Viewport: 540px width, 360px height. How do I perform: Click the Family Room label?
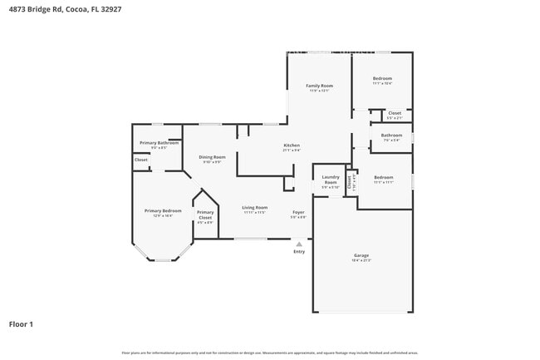click(319, 86)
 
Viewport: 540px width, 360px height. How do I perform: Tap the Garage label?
click(361, 255)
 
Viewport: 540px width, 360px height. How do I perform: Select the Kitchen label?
click(291, 145)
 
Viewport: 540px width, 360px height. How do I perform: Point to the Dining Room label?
click(212, 157)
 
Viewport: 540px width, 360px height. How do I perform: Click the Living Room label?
click(254, 207)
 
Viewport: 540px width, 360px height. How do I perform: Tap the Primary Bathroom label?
click(159, 143)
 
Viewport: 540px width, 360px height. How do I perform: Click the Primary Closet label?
click(205, 215)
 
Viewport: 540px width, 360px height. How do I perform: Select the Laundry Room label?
click(331, 179)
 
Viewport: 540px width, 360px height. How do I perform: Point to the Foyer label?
click(298, 212)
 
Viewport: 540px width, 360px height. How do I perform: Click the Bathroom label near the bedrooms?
click(391, 135)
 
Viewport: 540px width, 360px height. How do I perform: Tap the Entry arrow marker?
click(299, 244)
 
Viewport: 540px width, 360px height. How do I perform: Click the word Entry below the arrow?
click(299, 251)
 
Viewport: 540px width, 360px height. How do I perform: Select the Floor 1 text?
click(21, 323)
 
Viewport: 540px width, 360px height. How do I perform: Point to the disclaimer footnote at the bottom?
click(269, 352)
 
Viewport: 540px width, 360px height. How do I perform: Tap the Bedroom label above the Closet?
click(382, 79)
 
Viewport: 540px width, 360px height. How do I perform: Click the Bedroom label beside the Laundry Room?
click(383, 177)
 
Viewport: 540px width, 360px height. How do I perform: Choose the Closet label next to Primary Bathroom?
click(141, 160)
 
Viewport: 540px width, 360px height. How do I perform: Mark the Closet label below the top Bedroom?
click(395, 113)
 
